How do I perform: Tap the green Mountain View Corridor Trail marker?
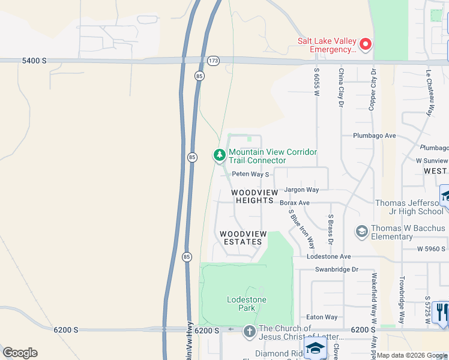(x=220, y=156)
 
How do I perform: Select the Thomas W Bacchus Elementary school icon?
(x=361, y=231)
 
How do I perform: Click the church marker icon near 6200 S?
(x=250, y=332)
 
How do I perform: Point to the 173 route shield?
(x=213, y=61)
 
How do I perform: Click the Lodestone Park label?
(x=246, y=304)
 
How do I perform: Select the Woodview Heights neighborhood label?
(x=255, y=196)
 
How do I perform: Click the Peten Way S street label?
(x=250, y=174)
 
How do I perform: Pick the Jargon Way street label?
(x=301, y=190)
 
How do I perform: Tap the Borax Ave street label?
(x=294, y=203)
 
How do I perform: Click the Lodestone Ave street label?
(x=328, y=256)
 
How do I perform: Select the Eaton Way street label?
(x=322, y=317)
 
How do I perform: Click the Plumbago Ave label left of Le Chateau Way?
(x=374, y=136)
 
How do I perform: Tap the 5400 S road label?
(x=34, y=61)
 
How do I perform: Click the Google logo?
(x=20, y=353)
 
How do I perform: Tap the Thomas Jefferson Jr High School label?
(x=409, y=207)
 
